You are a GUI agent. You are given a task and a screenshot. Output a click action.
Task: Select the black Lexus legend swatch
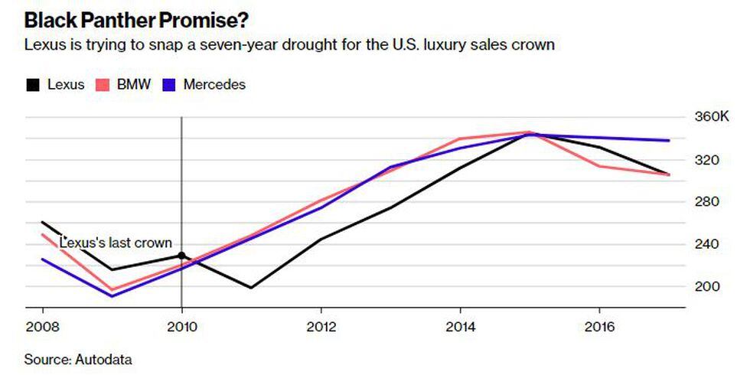click(x=32, y=85)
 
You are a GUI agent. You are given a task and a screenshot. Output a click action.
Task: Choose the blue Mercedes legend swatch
click(x=171, y=85)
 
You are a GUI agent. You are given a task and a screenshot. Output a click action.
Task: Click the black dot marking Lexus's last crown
click(x=181, y=256)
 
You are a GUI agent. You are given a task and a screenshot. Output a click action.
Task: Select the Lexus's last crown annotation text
click(x=115, y=243)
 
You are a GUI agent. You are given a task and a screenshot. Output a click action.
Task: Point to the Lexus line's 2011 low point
click(x=251, y=288)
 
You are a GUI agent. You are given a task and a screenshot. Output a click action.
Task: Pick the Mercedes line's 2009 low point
click(x=112, y=296)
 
